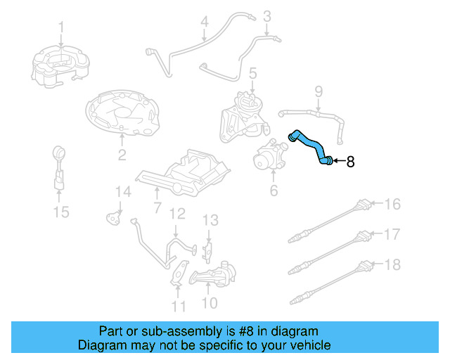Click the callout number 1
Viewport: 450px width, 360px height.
point(61,27)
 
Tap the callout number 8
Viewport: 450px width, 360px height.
point(350,162)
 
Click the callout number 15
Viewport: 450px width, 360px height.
point(62,211)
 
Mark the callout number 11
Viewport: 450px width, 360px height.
point(179,306)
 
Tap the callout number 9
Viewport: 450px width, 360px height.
point(318,91)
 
